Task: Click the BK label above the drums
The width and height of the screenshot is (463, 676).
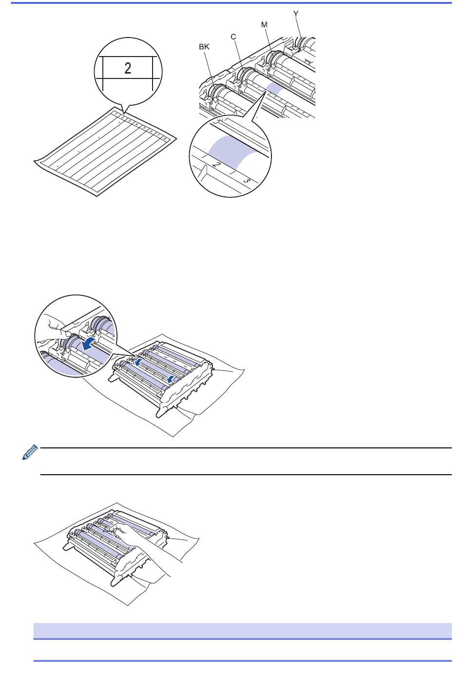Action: pos(204,47)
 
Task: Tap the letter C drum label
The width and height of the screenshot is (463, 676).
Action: pos(233,37)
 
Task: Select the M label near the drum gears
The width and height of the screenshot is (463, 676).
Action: pos(265,25)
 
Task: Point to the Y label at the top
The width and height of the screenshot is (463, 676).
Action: pos(296,14)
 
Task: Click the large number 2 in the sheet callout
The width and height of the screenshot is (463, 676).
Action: pos(128,68)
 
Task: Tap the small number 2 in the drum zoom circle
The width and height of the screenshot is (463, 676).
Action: pos(216,164)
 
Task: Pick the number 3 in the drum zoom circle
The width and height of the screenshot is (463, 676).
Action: pos(247,180)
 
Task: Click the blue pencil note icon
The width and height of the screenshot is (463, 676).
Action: pos(30,452)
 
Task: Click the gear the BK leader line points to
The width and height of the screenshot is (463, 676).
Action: pos(215,92)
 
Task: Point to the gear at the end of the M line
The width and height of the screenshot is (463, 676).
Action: pos(273,58)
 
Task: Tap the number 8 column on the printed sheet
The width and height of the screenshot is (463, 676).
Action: pos(165,138)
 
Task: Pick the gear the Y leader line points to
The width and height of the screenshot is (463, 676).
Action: pos(301,42)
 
